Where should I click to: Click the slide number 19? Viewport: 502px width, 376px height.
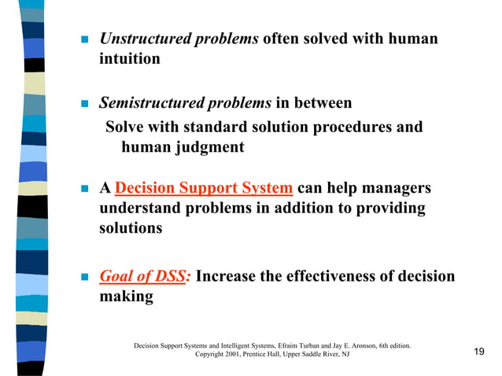pyautogui.click(x=478, y=351)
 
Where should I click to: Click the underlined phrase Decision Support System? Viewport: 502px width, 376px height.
pyautogui.click(x=204, y=189)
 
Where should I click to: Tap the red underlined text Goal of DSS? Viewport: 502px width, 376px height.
pyautogui.click(x=144, y=277)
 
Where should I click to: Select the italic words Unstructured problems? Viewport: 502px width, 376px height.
pyautogui.click(x=179, y=39)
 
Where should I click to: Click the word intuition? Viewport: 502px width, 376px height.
pyautogui.click(x=129, y=59)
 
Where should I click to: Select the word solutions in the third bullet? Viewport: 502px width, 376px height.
pyautogui.click(x=131, y=229)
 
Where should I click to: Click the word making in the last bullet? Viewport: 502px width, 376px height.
pyautogui.click(x=126, y=297)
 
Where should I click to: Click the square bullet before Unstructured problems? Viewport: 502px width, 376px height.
pyautogui.click(x=81, y=40)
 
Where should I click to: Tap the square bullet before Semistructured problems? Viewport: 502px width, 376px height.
pyautogui.click(x=81, y=104)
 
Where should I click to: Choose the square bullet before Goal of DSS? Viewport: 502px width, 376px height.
pyautogui.click(x=81, y=278)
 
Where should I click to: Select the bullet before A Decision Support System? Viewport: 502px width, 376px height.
pyautogui.click(x=81, y=190)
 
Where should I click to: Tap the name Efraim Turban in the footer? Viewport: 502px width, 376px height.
pyautogui.click(x=311, y=345)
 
